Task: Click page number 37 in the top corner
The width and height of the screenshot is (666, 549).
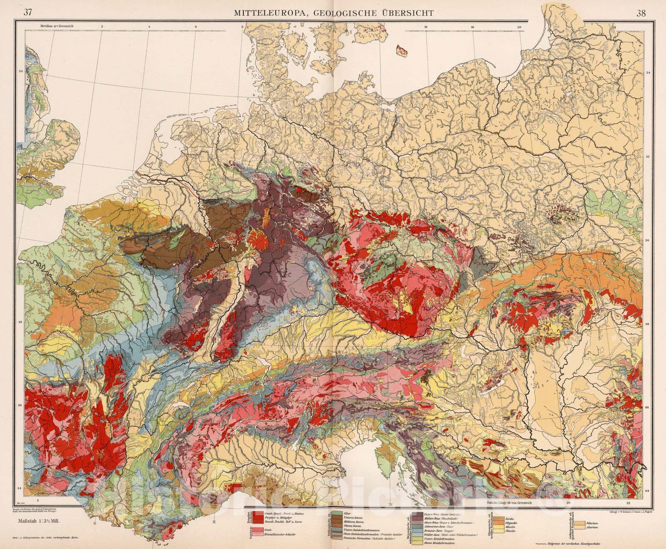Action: click(29, 12)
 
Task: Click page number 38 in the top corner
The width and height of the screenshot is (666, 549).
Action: click(641, 12)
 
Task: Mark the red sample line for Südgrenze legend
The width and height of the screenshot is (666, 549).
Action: click(542, 544)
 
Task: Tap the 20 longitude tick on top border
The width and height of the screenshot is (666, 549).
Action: click(519, 27)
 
